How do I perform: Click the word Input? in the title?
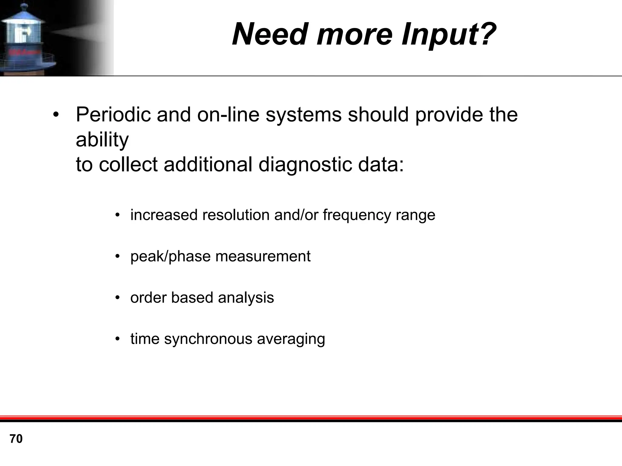pyautogui.click(x=449, y=34)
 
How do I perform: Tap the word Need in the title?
pyautogui.click(x=272, y=34)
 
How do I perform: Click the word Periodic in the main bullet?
pyautogui.click(x=113, y=115)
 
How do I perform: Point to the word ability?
pyautogui.click(x=102, y=140)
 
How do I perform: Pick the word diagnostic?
pyautogui.click(x=305, y=164)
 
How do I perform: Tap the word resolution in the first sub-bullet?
pyautogui.click(x=235, y=215)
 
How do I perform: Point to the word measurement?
pyautogui.click(x=263, y=256)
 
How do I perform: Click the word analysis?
pyautogui.click(x=246, y=298)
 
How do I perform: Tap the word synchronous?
pyautogui.click(x=208, y=339)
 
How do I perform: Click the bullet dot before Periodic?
pyautogui.click(x=55, y=115)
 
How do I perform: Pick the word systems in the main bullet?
pyautogui.click(x=303, y=115)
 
